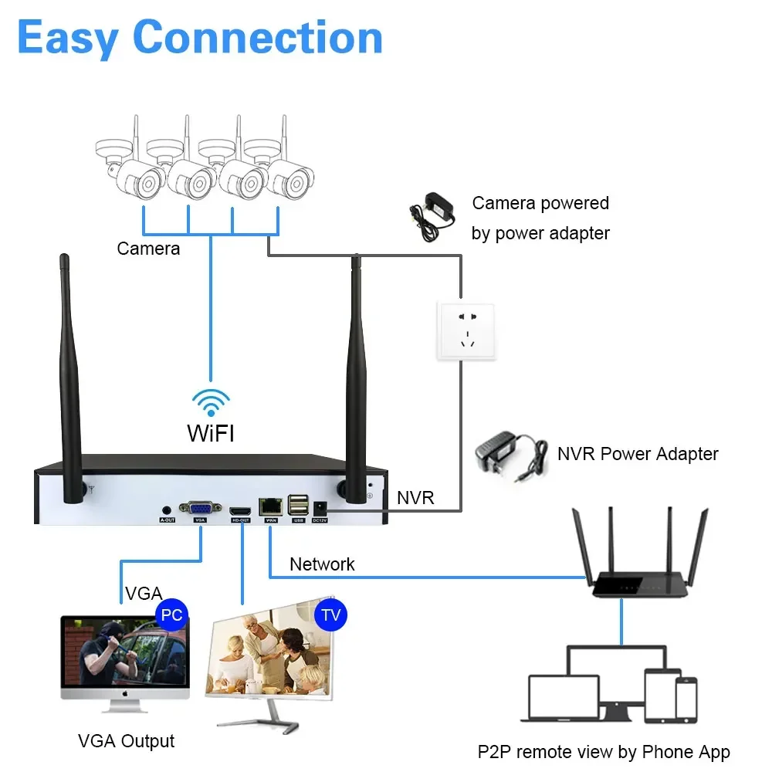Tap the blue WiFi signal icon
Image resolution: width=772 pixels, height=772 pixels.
click(211, 402)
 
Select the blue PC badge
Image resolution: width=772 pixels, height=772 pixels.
click(171, 615)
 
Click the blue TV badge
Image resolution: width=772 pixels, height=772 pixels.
click(331, 615)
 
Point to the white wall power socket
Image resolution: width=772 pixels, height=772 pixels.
click(465, 330)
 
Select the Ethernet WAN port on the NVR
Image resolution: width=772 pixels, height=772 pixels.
click(271, 507)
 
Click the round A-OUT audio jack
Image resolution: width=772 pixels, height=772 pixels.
click(167, 510)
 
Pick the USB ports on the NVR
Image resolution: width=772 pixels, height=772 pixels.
click(297, 506)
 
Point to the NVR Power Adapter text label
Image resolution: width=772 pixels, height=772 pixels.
click(638, 454)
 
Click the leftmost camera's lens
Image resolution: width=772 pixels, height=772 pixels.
click(147, 184)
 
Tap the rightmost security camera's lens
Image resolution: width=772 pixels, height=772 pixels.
click(297, 184)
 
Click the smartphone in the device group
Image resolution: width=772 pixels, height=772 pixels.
click(686, 699)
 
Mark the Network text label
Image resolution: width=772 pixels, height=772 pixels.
click(322, 564)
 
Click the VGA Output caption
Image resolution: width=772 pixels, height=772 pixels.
click(127, 741)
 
